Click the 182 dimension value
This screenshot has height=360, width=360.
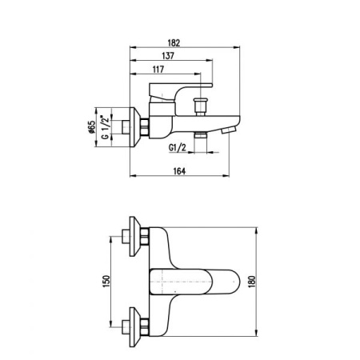click(x=174, y=42)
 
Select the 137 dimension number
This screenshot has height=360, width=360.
click(x=168, y=56)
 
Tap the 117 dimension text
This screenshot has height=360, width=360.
click(x=158, y=70)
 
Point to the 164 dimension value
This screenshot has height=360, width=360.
click(x=179, y=171)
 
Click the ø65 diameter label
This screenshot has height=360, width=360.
click(x=91, y=126)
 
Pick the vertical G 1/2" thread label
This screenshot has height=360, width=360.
click(x=106, y=127)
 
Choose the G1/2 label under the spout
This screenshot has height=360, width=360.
click(x=178, y=147)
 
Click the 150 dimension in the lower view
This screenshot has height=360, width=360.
click(x=106, y=282)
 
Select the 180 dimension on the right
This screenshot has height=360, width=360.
click(x=252, y=282)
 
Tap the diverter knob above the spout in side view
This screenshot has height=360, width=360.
click(x=200, y=106)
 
